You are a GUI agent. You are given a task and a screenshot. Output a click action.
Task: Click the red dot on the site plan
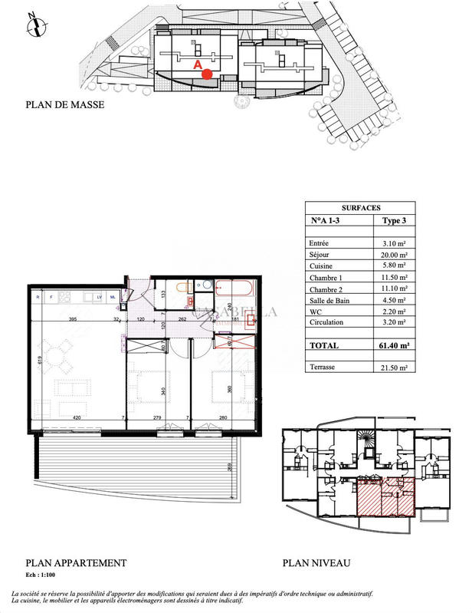207,74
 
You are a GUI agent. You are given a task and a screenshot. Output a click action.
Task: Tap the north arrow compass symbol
34,24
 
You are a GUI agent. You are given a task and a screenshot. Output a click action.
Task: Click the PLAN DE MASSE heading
64,105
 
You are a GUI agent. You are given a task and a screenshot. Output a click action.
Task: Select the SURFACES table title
359,207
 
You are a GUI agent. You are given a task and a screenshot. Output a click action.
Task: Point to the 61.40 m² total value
394,346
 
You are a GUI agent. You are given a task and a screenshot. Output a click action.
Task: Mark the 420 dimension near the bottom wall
77,417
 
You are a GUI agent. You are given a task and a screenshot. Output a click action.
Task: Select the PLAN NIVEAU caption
316,562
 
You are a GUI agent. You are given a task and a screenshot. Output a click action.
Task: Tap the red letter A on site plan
198,66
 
